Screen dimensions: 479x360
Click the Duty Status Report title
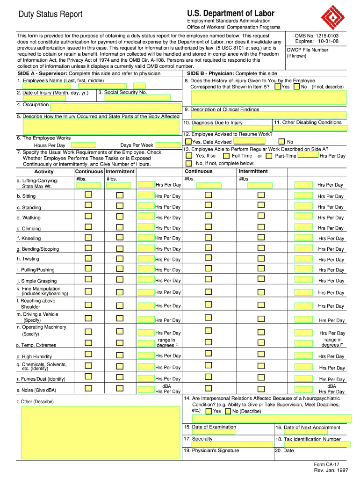50,15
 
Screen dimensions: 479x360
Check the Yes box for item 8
278,87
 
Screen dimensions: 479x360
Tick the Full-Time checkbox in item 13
226,156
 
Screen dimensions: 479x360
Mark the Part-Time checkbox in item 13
270,156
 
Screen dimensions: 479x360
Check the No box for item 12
281,141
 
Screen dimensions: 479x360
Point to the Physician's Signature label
211,450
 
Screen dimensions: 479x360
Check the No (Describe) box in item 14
228,412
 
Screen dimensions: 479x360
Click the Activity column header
44,171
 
